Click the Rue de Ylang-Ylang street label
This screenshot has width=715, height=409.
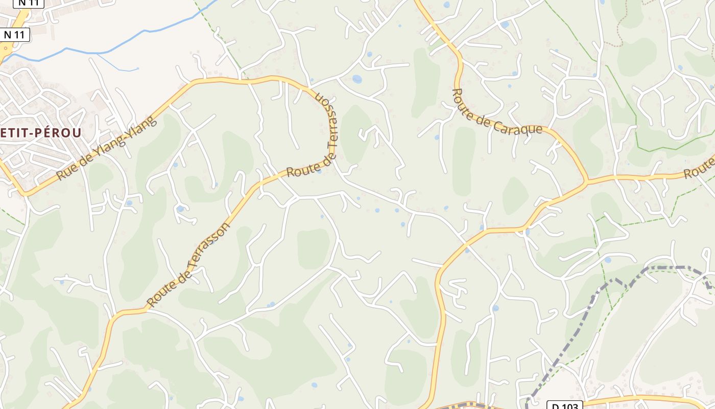pos(105,148)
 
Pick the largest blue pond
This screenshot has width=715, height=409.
pos(357,79)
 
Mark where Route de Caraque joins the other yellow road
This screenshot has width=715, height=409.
pos(587,181)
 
